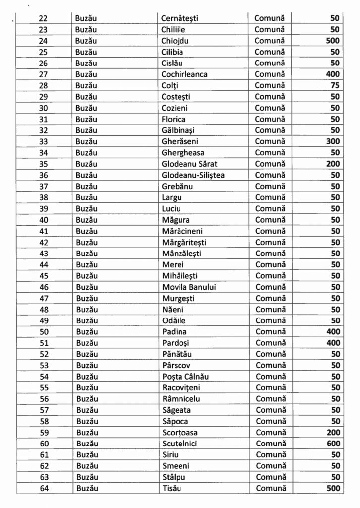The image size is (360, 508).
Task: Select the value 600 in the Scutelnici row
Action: click(x=333, y=444)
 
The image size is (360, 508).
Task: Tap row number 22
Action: click(x=43, y=18)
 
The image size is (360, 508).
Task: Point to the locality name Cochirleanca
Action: click(x=184, y=74)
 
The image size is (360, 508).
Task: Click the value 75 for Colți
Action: click(x=335, y=85)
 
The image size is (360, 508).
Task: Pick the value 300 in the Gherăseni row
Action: click(x=333, y=141)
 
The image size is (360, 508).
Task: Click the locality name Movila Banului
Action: click(x=189, y=287)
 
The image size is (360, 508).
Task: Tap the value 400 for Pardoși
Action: click(x=333, y=343)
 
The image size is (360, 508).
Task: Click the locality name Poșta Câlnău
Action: click(x=187, y=377)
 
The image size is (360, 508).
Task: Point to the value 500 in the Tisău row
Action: click(x=333, y=488)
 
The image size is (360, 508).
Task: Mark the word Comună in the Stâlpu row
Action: click(x=270, y=477)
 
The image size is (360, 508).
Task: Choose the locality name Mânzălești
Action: click(x=181, y=254)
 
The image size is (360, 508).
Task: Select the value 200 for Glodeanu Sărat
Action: click(x=333, y=164)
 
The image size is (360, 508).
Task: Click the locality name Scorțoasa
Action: click(x=180, y=433)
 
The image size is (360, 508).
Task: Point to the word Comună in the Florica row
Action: click(x=270, y=119)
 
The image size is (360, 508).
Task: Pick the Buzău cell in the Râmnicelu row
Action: click(x=87, y=399)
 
